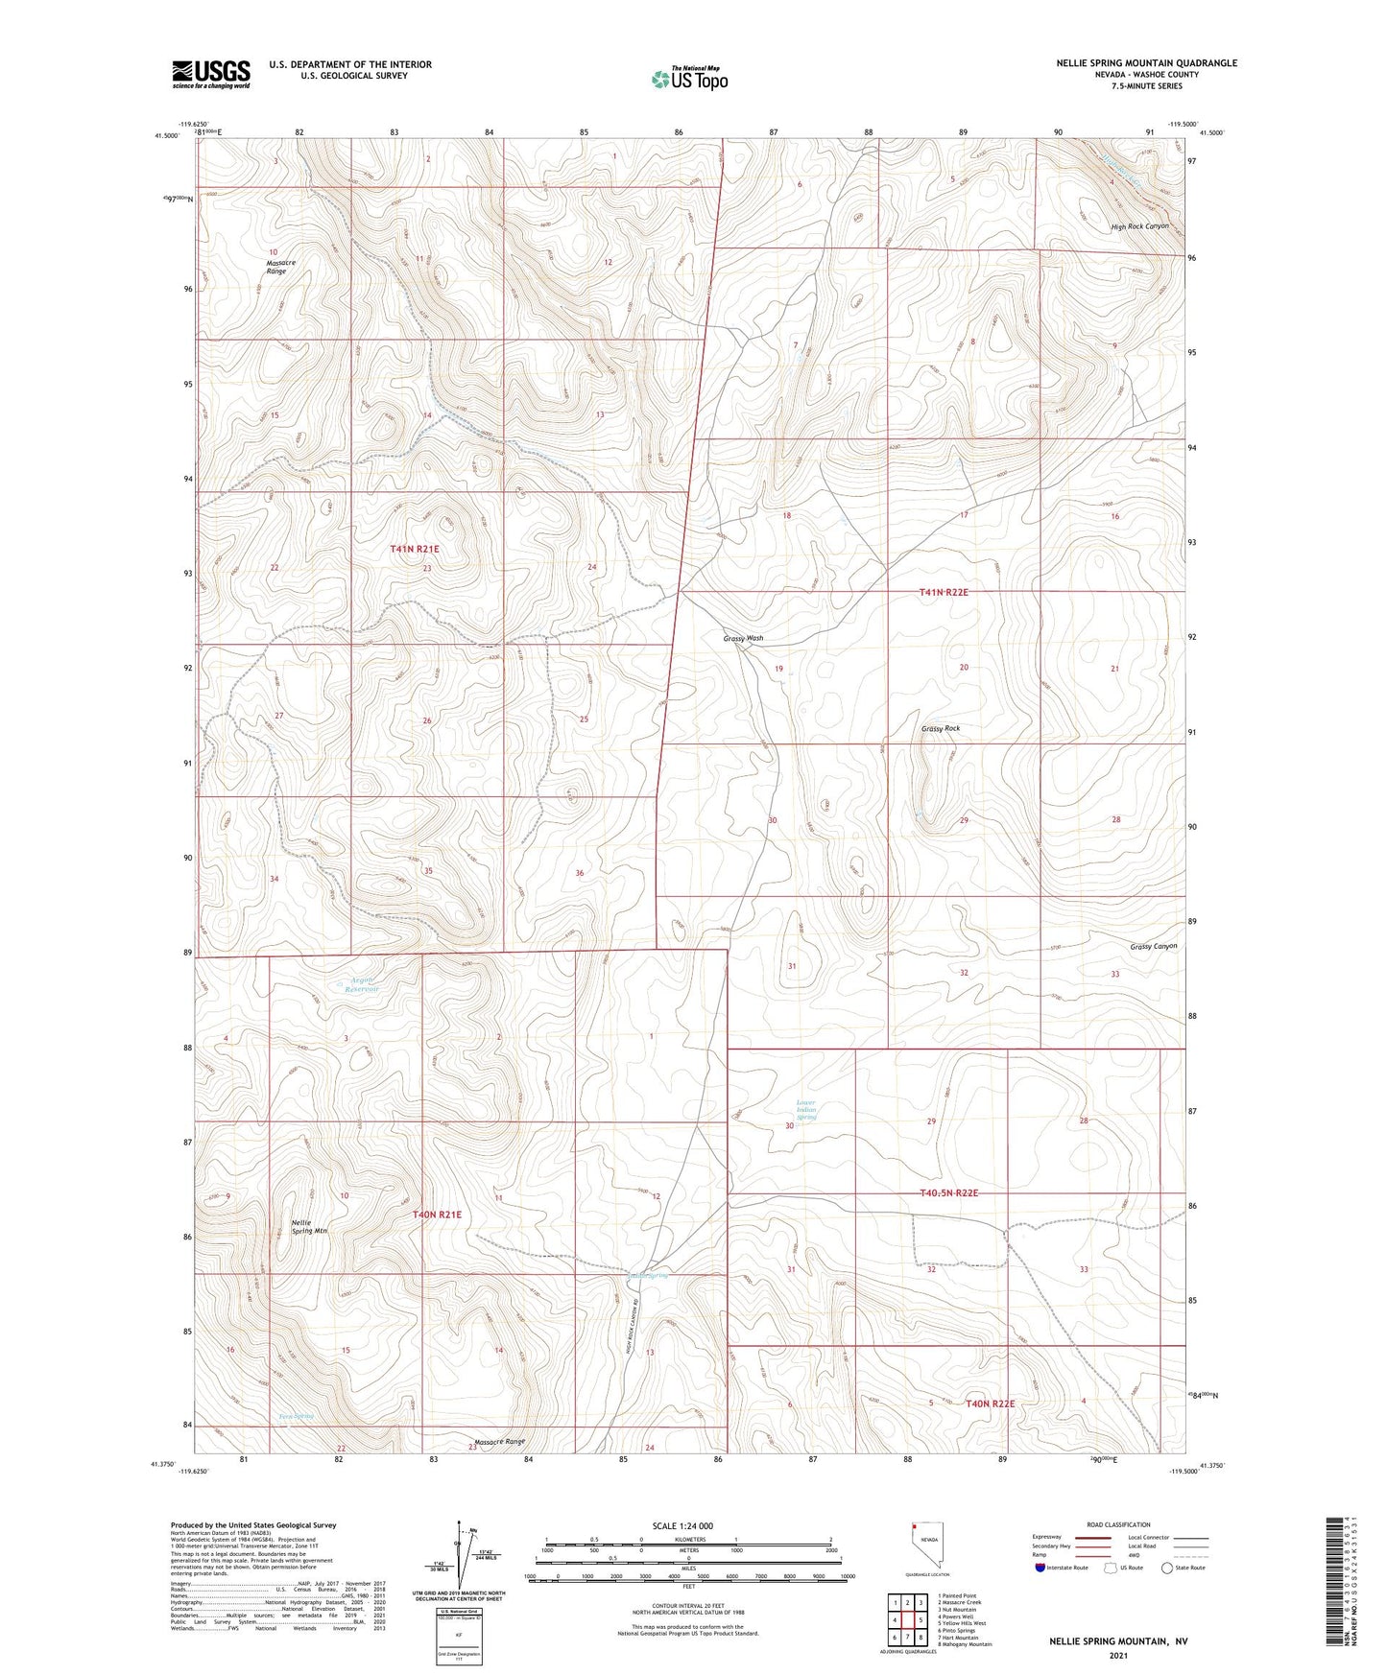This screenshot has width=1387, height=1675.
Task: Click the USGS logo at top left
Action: pyautogui.click(x=211, y=73)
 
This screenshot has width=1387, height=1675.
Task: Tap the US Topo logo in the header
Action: pyautogui.click(x=688, y=79)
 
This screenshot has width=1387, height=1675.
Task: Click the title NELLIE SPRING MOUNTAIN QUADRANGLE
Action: pyautogui.click(x=1146, y=63)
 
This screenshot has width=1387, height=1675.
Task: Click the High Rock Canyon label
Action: pyautogui.click(x=1139, y=226)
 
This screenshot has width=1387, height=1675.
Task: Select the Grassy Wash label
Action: pyautogui.click(x=743, y=638)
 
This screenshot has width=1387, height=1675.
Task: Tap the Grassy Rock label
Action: pyautogui.click(x=940, y=728)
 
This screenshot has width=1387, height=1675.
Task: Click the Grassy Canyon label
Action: pyautogui.click(x=1153, y=946)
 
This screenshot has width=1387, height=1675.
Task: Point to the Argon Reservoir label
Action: pyautogui.click(x=363, y=983)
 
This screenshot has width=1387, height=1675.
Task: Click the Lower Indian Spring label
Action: pyautogui.click(x=806, y=1110)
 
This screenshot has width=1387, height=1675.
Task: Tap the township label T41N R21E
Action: pyautogui.click(x=415, y=549)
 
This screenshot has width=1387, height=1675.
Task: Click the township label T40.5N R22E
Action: pyautogui.click(x=935, y=1192)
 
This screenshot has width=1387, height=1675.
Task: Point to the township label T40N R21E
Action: pyautogui.click(x=437, y=1215)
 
